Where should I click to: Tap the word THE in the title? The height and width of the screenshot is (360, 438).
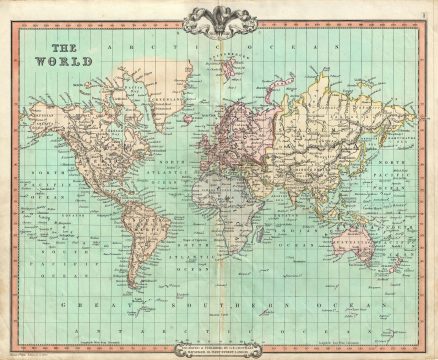66,47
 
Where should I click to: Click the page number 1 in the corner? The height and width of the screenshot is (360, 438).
424,13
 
